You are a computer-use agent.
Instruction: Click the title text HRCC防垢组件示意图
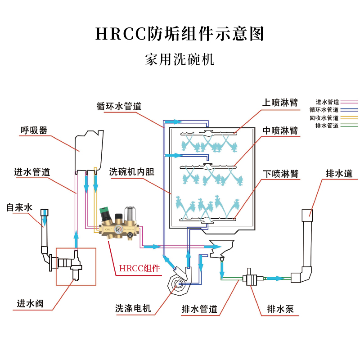tap(180, 34)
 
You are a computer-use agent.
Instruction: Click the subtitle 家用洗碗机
tap(180, 60)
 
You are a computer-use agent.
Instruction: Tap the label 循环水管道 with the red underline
tap(119, 107)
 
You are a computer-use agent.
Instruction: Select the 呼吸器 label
tap(34, 130)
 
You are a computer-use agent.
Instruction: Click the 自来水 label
tap(19, 208)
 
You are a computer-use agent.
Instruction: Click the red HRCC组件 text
tap(139, 269)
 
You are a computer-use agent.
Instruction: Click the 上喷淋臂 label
tap(280, 103)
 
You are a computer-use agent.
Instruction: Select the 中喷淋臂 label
tap(280, 130)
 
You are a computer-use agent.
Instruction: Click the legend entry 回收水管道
tap(324, 118)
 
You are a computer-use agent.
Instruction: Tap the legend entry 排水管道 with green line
tap(327, 126)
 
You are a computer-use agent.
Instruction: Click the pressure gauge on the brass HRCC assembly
tap(118, 228)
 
